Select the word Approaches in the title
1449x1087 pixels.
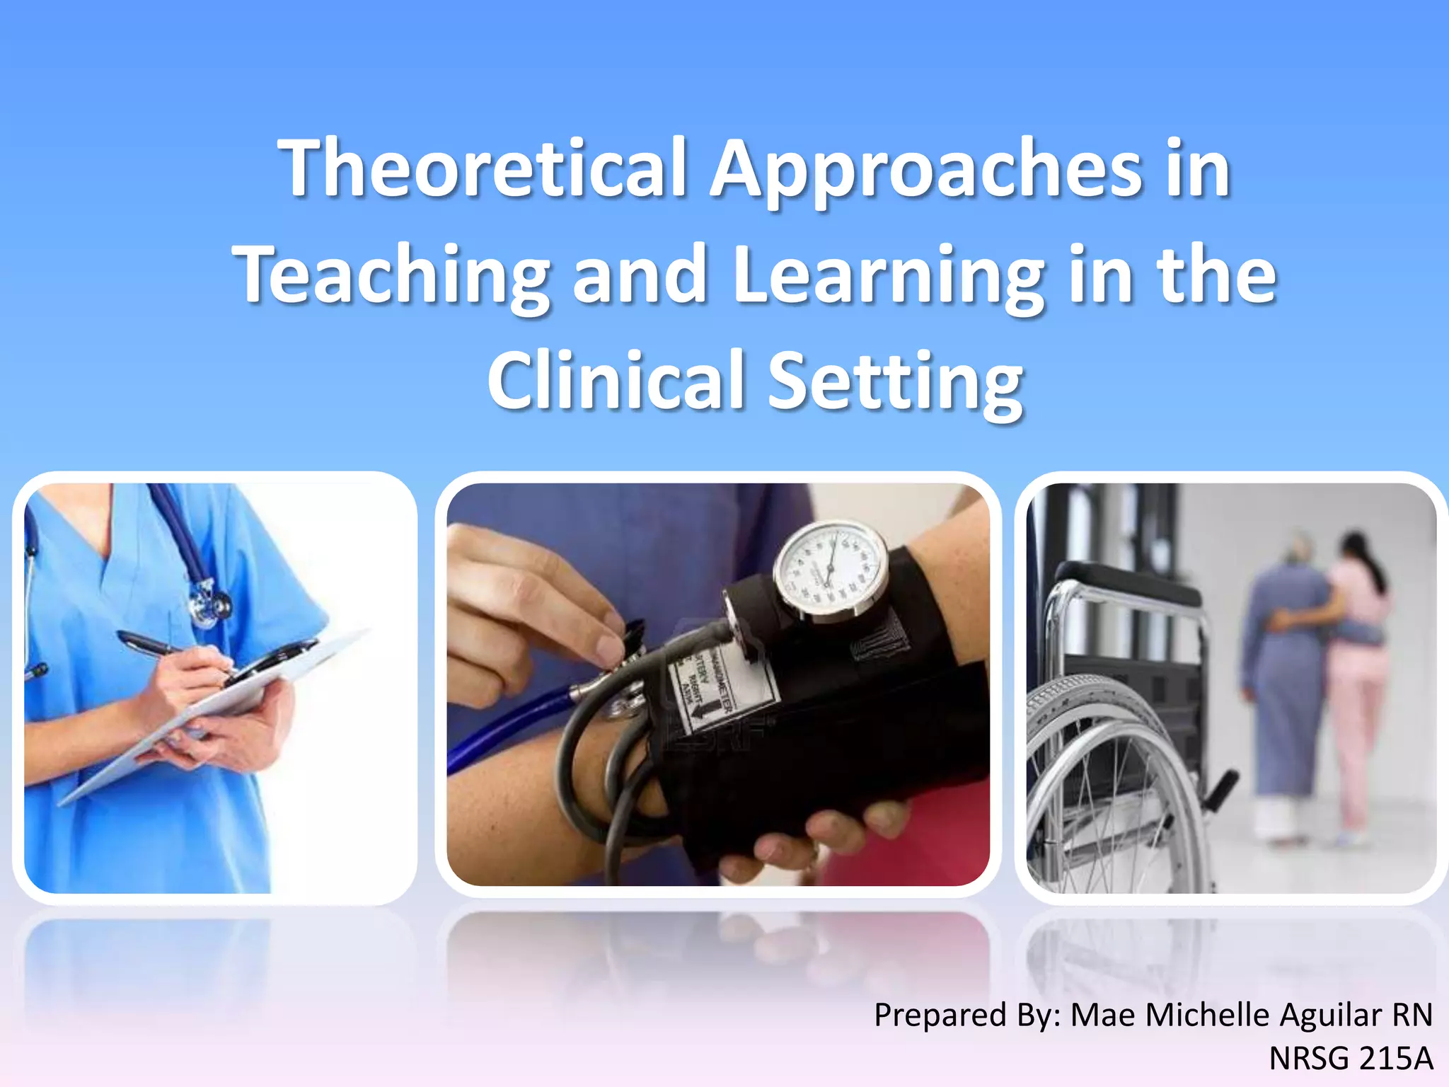click(x=927, y=170)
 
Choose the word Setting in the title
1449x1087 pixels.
click(x=896, y=382)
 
